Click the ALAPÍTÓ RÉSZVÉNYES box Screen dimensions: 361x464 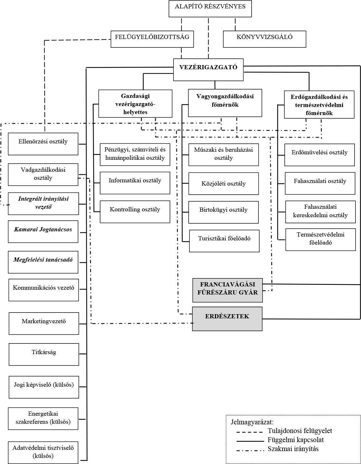[210, 9]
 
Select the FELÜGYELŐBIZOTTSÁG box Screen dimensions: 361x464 [152, 39]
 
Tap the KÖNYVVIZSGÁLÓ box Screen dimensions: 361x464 [264, 39]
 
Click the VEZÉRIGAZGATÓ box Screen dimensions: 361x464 [208, 70]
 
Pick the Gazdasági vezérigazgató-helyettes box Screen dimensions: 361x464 [135, 103]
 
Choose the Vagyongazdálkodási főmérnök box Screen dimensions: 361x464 [225, 103]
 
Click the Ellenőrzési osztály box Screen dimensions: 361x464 [43, 144]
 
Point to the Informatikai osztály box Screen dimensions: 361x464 [135, 183]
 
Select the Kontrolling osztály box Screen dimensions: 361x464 [135, 212]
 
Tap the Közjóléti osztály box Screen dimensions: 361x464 [224, 184]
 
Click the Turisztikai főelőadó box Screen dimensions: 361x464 [224, 241]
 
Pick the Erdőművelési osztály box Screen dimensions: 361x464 [319, 155]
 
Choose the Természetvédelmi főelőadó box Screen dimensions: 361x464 [320, 240]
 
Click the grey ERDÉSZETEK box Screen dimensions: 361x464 [227, 319]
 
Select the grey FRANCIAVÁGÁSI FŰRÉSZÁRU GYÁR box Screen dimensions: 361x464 [227, 290]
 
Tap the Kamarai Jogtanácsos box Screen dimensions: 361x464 [43, 232]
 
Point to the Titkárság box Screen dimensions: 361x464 [44, 354]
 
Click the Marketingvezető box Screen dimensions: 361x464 [44, 324]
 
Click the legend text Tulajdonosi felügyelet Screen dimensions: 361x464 [300, 431]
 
